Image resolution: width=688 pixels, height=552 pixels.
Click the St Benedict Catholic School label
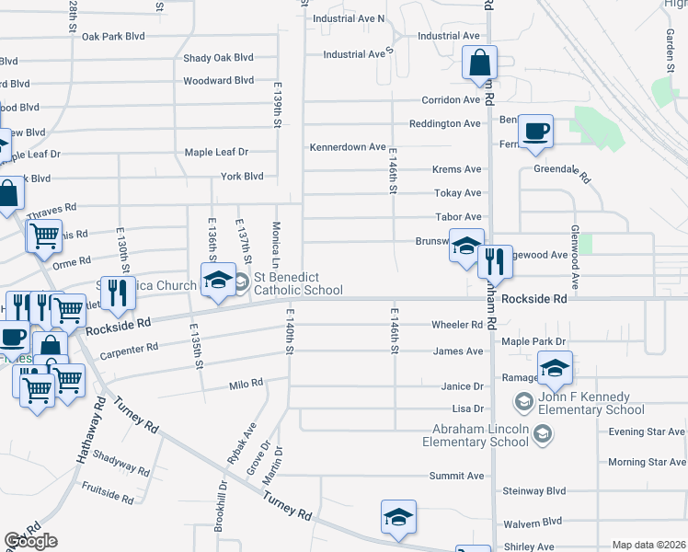coord(298,283)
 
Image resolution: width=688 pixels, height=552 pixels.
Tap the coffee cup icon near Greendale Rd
coord(535,131)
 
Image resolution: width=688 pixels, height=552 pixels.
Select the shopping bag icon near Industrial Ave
coord(479,63)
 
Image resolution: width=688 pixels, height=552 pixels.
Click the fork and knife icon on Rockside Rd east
coord(495,262)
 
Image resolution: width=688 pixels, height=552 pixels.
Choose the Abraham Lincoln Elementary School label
coord(476,435)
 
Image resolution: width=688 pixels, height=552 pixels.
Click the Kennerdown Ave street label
coord(347,146)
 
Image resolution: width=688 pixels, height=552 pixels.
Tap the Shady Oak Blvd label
coord(218,57)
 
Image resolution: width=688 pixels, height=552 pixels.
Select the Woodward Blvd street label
coord(218,80)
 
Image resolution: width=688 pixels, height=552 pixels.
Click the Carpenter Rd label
coord(130,350)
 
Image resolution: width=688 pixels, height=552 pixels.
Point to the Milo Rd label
coord(246,382)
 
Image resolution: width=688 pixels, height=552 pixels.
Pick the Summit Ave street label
coord(456,476)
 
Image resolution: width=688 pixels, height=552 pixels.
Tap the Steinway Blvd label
coord(560,491)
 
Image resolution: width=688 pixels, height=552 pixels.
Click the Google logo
coord(30,541)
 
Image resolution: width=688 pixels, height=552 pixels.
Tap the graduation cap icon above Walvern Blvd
coord(398,517)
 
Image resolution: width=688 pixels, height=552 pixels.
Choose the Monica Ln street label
coord(275,243)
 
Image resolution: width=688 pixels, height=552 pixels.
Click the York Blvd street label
coord(242,176)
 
